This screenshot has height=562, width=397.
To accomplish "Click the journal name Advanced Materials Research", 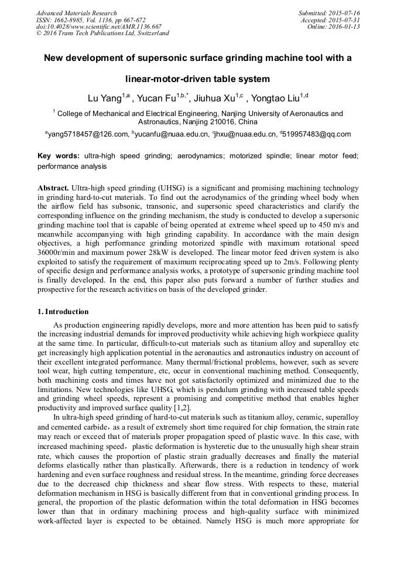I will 76,13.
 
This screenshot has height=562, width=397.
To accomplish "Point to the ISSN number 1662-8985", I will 67,20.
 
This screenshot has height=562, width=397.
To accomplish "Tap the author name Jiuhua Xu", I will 213,98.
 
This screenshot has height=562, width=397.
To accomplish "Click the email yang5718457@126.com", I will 88,134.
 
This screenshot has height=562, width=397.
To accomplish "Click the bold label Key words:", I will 59,156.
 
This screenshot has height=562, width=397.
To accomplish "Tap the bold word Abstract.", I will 53,188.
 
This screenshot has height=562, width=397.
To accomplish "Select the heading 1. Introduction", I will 63,311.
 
